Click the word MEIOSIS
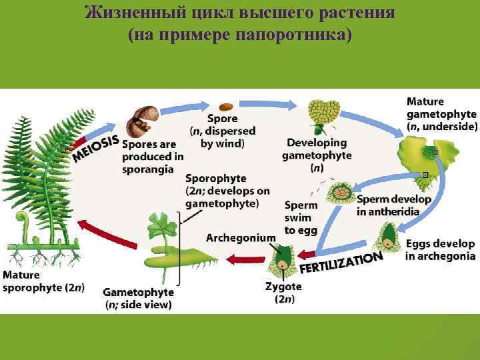(x=97, y=149)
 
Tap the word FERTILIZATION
(x=342, y=262)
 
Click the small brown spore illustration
(x=227, y=107)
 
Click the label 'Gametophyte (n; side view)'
(x=138, y=298)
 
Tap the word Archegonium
(x=240, y=237)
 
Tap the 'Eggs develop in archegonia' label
(x=439, y=250)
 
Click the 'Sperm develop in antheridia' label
(x=393, y=205)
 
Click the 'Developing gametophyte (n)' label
(x=317, y=155)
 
